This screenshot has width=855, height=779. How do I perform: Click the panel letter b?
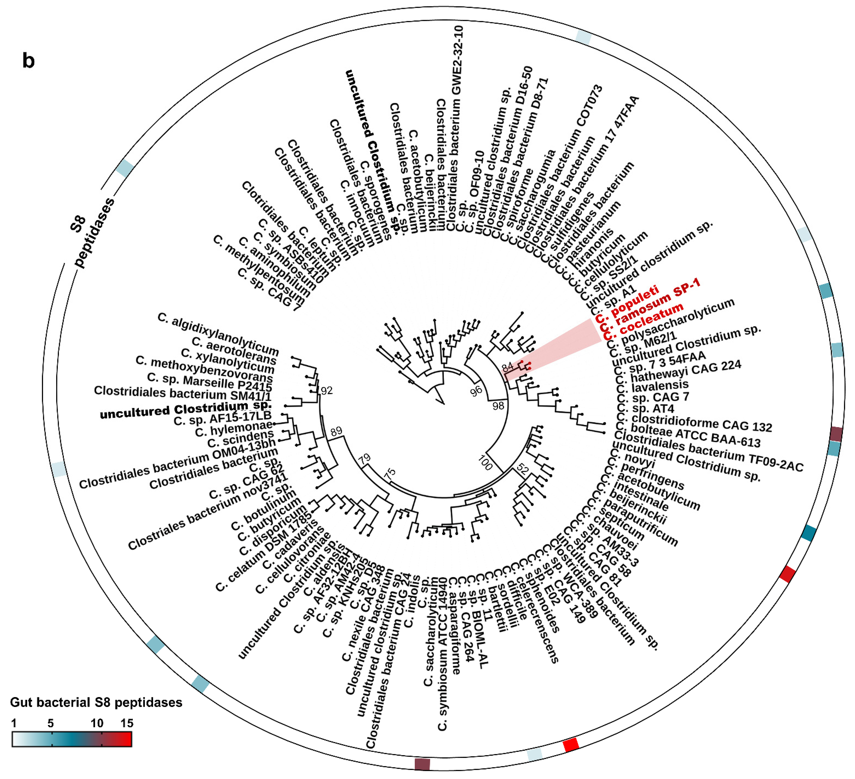[x=28, y=61]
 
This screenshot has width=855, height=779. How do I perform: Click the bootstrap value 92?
[x=327, y=390]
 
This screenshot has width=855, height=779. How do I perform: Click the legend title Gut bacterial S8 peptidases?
[x=96, y=702]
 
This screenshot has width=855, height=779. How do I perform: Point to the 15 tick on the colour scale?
[x=127, y=723]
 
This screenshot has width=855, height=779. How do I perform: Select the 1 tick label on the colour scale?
[x=14, y=723]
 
